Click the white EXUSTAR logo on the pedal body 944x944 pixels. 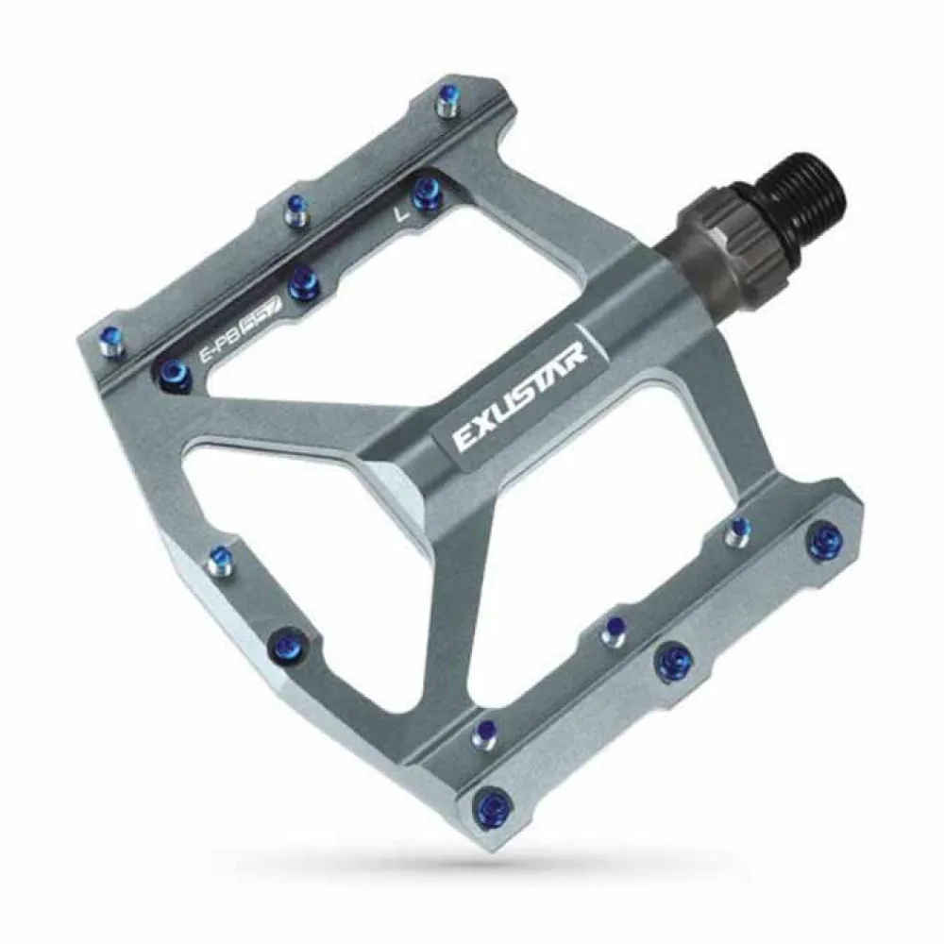point(519,397)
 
